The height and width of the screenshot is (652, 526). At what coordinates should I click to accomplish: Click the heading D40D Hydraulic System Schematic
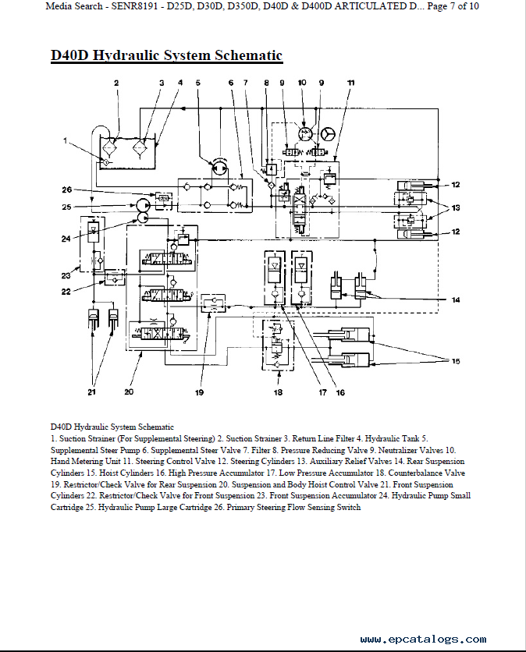pos(166,55)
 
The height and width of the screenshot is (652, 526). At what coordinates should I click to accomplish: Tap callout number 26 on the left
pos(67,190)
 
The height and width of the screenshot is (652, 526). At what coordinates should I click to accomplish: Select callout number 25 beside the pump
pos(67,207)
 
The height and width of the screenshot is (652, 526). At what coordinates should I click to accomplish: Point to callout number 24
pos(67,238)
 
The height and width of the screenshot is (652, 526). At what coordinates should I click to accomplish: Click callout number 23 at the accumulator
pos(67,275)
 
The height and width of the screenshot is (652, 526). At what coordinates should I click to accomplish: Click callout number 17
pos(322,392)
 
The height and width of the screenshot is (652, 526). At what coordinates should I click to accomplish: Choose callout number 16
pos(339,392)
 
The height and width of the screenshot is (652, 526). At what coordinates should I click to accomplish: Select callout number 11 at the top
pos(350,83)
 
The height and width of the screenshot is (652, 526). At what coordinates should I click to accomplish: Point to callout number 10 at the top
pos(302,83)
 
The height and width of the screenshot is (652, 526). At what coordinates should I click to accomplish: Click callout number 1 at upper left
pos(67,141)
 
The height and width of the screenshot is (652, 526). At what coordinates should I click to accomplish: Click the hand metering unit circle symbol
pos(304,134)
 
